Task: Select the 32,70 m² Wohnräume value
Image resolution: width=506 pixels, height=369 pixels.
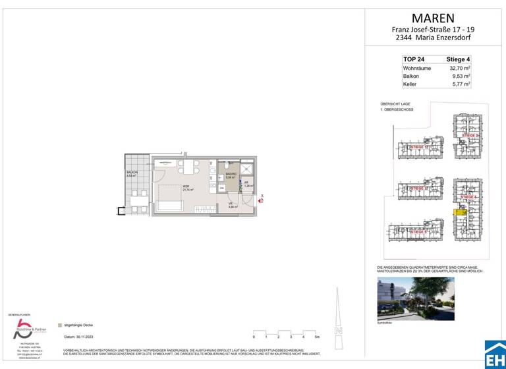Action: click(x=459, y=67)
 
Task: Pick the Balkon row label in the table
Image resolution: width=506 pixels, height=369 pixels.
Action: click(x=411, y=76)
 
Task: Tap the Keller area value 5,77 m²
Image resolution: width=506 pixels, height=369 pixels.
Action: click(x=459, y=84)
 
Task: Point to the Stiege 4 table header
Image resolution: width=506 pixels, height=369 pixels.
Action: click(x=457, y=59)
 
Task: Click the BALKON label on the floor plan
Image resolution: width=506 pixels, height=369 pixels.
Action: click(x=132, y=173)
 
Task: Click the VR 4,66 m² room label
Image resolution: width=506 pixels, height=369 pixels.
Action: click(x=233, y=205)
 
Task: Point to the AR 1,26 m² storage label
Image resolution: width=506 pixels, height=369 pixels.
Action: click(x=247, y=184)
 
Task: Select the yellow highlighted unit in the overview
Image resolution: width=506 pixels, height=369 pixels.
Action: click(x=459, y=212)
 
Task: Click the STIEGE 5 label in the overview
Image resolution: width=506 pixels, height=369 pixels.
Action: click(x=418, y=232)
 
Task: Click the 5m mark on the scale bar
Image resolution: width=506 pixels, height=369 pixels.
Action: click(x=317, y=336)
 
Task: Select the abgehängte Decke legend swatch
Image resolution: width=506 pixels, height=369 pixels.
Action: click(x=61, y=325)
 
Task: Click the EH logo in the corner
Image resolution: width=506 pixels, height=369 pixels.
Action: click(x=494, y=355)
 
